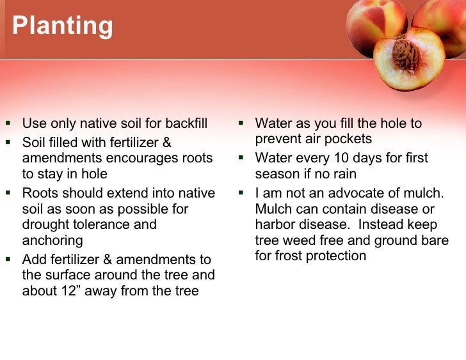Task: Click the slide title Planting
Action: [62, 26]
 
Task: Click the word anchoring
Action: [52, 241]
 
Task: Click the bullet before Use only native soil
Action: [8, 123]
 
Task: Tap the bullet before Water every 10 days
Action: [242, 158]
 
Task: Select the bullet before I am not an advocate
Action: [242, 192]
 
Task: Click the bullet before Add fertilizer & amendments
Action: [8, 260]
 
